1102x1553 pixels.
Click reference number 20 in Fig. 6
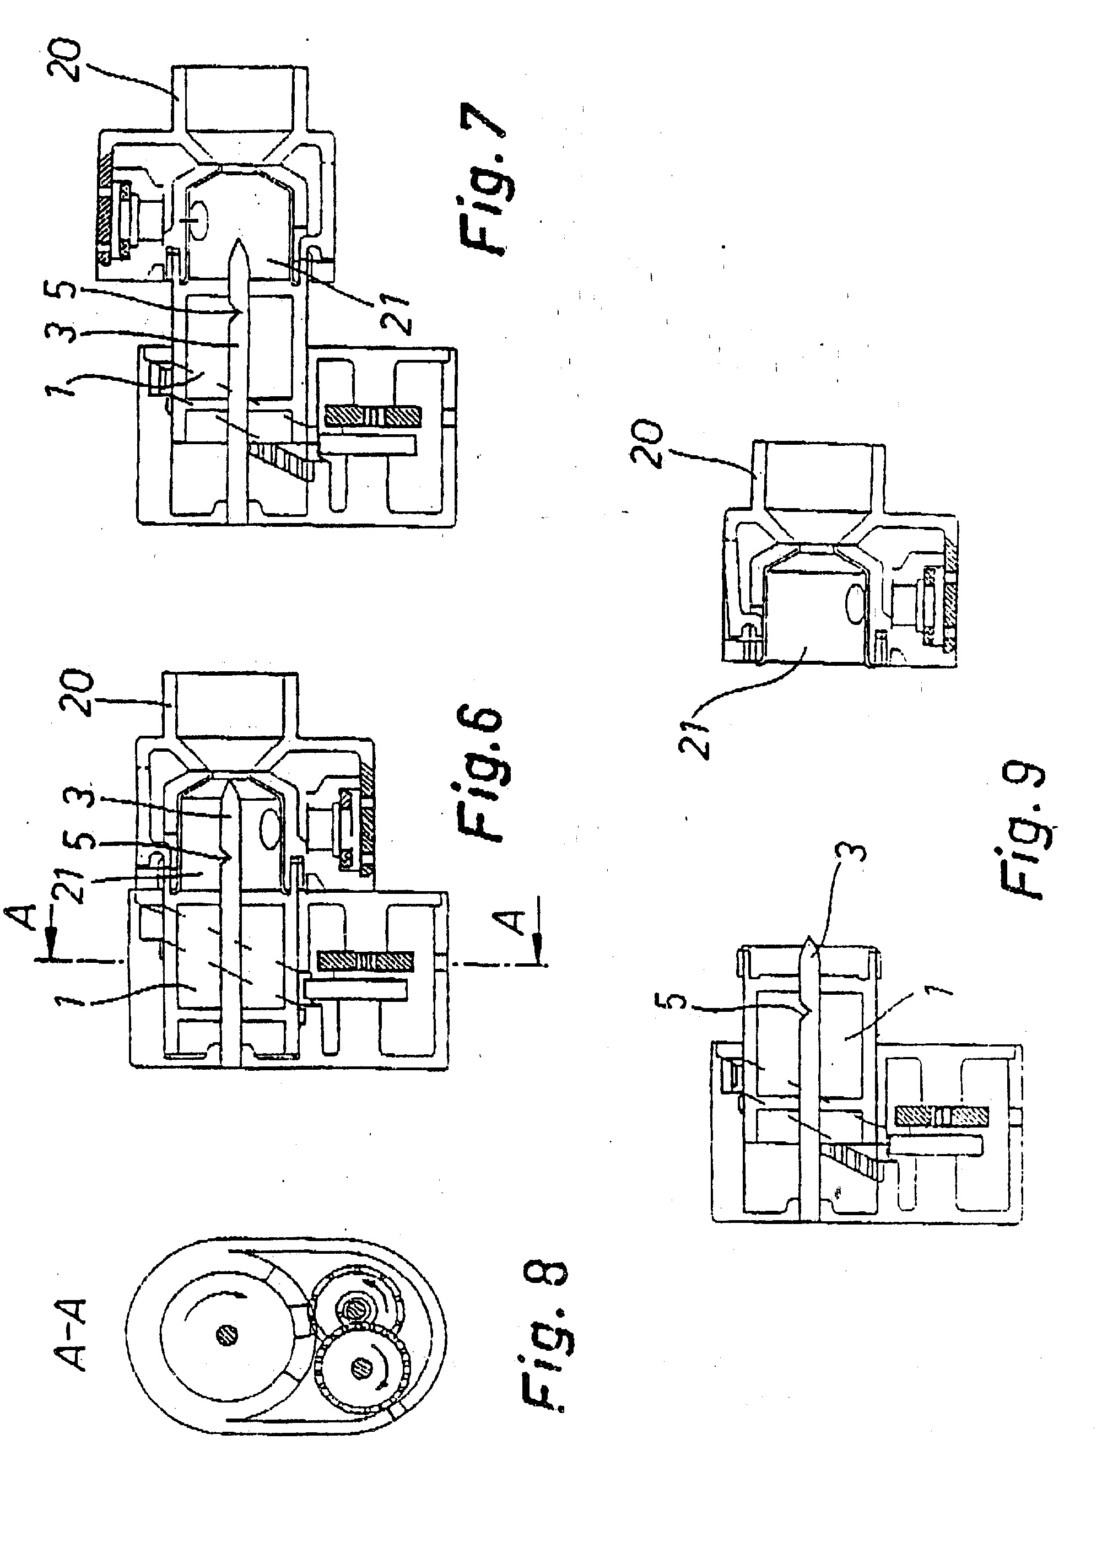click(74, 692)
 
